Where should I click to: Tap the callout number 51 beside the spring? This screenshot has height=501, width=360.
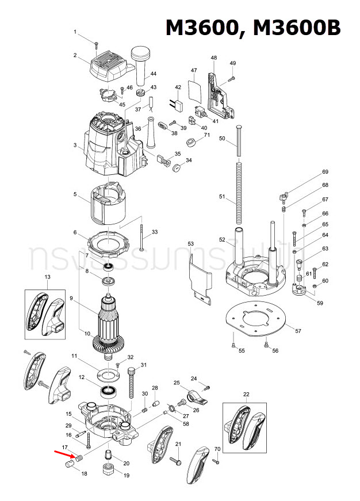pyautogui.click(x=223, y=197)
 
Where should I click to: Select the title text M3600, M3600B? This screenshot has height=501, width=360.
pyautogui.click(x=253, y=28)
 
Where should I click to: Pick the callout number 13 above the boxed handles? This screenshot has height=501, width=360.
pyautogui.click(x=48, y=277)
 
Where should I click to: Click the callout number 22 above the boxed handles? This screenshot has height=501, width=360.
pyautogui.click(x=246, y=394)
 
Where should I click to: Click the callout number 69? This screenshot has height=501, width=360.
pyautogui.click(x=325, y=172)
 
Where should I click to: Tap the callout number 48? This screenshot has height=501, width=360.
pyautogui.click(x=214, y=58)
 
